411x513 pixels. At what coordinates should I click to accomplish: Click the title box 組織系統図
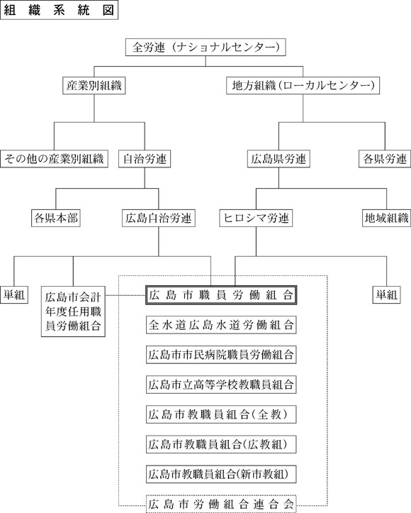[x=59, y=10]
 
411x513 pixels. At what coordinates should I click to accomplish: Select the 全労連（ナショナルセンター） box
[x=205, y=48]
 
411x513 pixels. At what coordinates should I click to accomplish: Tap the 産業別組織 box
[x=94, y=86]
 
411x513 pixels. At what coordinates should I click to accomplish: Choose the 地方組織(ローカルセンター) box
[x=303, y=86]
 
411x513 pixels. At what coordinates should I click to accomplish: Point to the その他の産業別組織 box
[x=55, y=159]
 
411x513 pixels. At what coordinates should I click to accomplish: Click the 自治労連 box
[x=145, y=159]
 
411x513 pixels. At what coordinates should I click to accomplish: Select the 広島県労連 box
[x=278, y=159]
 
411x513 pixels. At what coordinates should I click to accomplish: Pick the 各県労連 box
[x=385, y=159]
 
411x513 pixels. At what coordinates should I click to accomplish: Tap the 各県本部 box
[x=56, y=218]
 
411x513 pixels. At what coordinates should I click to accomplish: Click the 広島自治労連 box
[x=159, y=218]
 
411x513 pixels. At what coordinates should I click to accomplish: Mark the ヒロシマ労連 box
[x=256, y=218]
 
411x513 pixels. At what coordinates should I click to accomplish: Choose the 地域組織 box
[x=387, y=218]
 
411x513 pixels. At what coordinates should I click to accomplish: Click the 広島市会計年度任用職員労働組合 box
[x=73, y=311]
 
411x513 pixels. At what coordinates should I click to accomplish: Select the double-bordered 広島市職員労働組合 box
[x=221, y=295]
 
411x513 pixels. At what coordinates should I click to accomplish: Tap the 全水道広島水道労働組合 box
[x=221, y=325]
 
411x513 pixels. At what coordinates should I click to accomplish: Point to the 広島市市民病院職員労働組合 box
[x=221, y=355]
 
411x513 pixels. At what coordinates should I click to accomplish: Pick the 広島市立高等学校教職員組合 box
[x=221, y=385]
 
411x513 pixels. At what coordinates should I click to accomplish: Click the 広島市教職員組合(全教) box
[x=221, y=414]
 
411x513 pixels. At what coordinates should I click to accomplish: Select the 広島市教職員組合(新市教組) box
[x=221, y=474]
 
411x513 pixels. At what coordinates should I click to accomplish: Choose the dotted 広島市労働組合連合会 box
[x=221, y=504]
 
